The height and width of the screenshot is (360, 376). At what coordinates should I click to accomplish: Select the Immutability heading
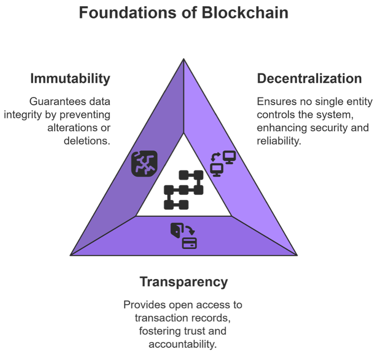click(70, 78)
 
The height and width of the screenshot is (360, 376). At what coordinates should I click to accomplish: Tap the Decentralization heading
click(309, 78)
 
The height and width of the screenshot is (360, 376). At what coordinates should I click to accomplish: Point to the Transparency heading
click(183, 282)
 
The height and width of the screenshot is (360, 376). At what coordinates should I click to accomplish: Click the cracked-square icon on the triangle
click(144, 164)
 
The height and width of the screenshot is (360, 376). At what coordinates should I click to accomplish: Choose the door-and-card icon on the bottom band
click(183, 236)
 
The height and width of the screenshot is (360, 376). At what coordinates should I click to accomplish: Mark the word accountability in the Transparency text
click(182, 343)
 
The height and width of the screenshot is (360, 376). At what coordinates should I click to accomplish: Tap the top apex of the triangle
click(184, 60)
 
